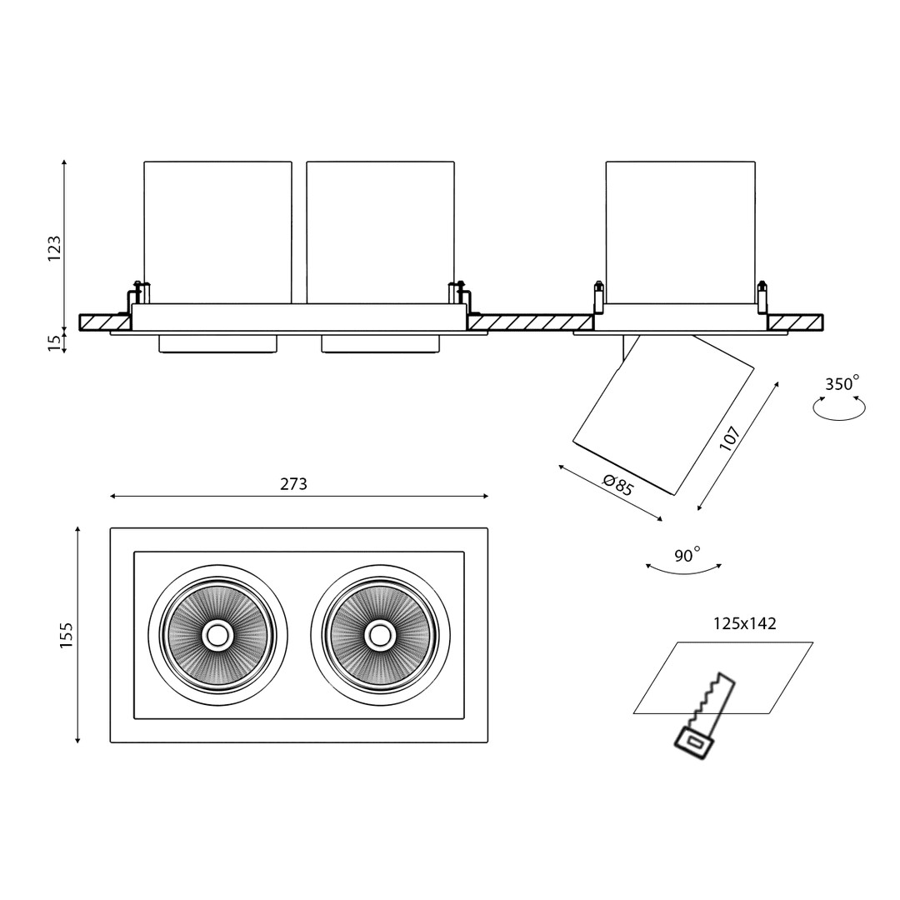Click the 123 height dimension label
coord(55,248)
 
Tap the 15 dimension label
coord(55,342)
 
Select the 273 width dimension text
coord(293,484)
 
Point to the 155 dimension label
coord(67,635)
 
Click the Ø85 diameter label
coord(617,484)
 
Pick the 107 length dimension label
coord(730,438)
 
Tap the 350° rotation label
coord(842,384)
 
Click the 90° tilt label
coord(687,556)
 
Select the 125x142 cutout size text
coord(744,623)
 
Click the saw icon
coord(702,717)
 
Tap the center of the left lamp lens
coord(217,635)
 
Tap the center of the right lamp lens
coord(380,635)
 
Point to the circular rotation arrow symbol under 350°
coord(840,408)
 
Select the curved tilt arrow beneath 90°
coord(683,571)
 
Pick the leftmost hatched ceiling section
coord(105,322)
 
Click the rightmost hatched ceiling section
coord(795,322)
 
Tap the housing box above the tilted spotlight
coord(680,233)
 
